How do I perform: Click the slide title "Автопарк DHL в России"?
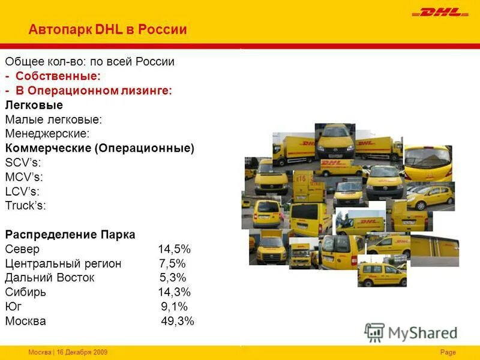click(108, 29)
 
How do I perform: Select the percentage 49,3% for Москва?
click(178, 321)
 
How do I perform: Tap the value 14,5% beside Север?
click(174, 249)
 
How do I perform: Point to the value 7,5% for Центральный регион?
click(172, 263)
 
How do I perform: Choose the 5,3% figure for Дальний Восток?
click(173, 278)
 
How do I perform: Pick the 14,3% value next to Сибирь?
click(174, 292)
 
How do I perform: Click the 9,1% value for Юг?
click(174, 307)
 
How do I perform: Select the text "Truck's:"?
click(25, 206)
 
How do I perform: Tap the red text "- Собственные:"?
click(53, 76)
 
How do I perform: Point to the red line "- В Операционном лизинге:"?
click(88, 91)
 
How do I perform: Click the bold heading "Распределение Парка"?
click(70, 234)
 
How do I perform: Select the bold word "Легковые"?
click(34, 105)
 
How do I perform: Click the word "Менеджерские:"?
click(47, 134)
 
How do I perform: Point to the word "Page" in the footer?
click(448, 352)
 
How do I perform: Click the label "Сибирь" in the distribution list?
click(25, 292)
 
